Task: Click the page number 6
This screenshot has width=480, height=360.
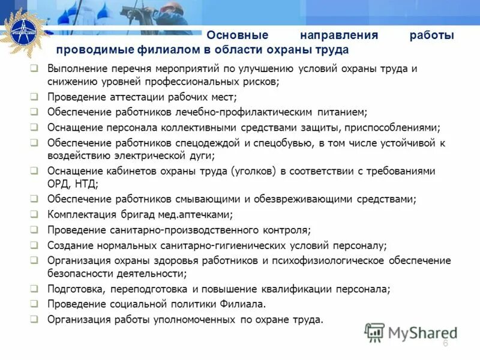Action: [x=445, y=343]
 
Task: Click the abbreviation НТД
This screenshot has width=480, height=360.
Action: [x=85, y=184]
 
